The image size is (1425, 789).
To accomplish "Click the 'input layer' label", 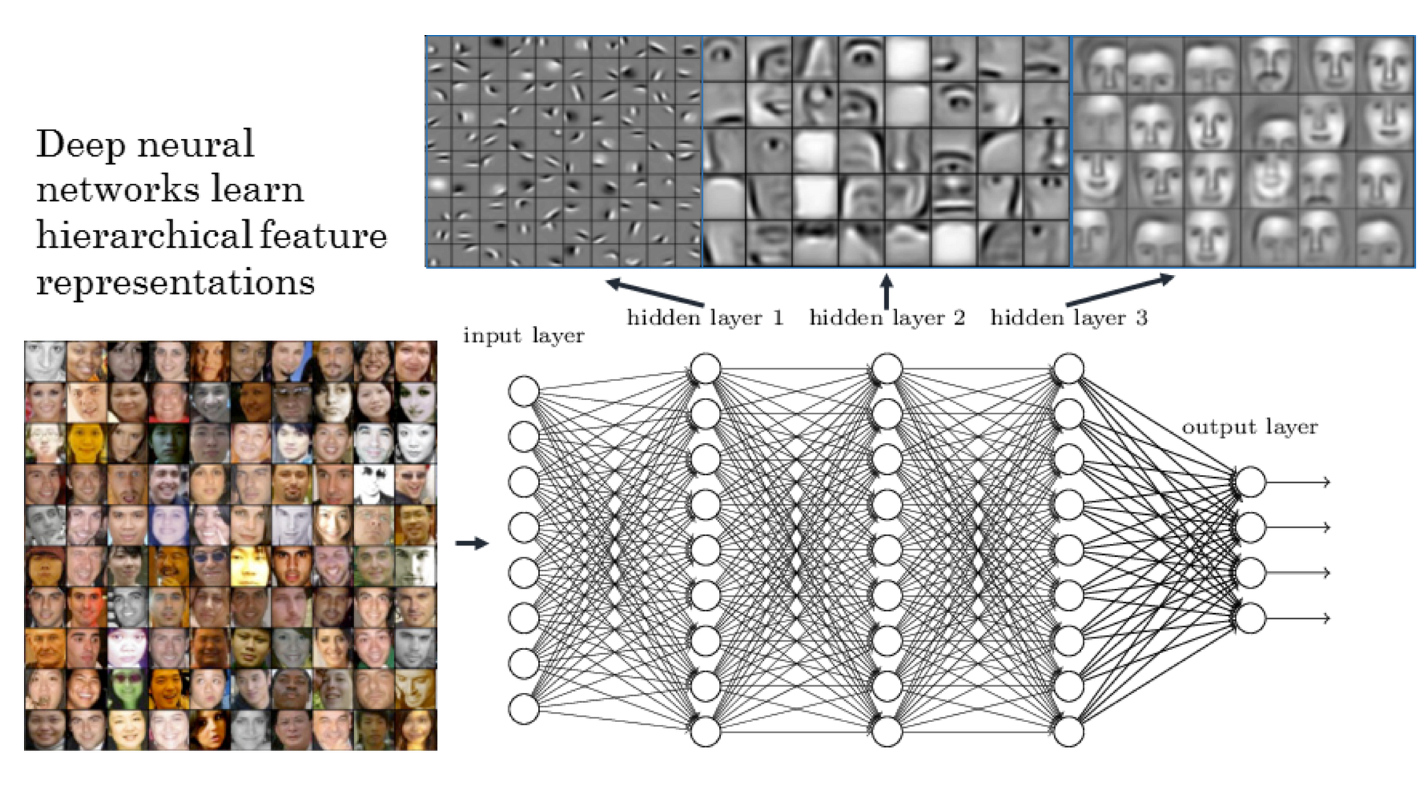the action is pyautogui.click(x=524, y=335).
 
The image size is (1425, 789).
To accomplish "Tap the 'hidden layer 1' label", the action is pyautogui.click(x=705, y=318).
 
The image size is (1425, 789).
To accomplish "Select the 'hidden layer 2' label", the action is pyautogui.click(x=887, y=318).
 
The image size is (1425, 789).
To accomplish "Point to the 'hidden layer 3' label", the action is pyautogui.click(x=1069, y=318).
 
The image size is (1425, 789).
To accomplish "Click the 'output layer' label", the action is pyautogui.click(x=1250, y=427).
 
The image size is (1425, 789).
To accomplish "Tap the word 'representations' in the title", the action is pyautogui.click(x=175, y=282).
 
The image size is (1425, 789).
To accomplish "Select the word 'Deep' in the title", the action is pyautogui.click(x=80, y=145).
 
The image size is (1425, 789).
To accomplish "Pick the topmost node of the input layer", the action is pyautogui.click(x=524, y=392).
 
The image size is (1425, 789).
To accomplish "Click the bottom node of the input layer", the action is pyautogui.click(x=524, y=709).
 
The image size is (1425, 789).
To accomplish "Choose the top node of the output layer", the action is pyautogui.click(x=1250, y=482).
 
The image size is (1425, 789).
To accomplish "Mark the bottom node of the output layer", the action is pyautogui.click(x=1250, y=618).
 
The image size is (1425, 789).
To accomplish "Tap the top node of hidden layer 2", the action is pyautogui.click(x=887, y=369).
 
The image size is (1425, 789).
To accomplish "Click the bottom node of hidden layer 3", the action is pyautogui.click(x=1069, y=731).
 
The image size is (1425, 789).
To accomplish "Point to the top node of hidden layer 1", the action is pyautogui.click(x=705, y=369).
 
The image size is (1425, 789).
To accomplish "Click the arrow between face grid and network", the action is pyautogui.click(x=472, y=543).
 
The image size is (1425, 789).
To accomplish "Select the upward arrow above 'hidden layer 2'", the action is pyautogui.click(x=886, y=291).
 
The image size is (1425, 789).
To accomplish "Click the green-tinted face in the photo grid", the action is pyautogui.click(x=128, y=689).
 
